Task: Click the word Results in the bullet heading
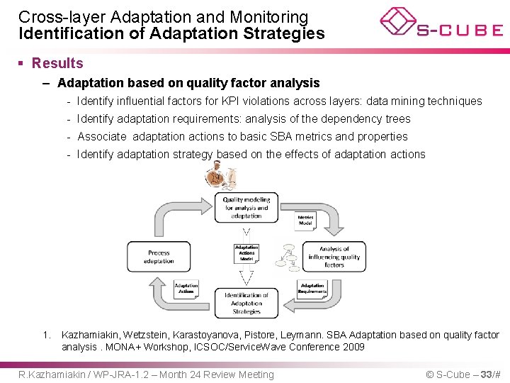[x=57, y=63]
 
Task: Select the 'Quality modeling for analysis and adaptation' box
[x=246, y=208]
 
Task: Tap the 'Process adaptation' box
[x=159, y=257]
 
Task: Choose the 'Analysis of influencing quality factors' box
[x=334, y=257]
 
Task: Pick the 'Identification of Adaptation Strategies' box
[x=246, y=303]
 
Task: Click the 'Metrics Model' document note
[x=305, y=221]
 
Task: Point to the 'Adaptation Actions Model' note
[x=246, y=253]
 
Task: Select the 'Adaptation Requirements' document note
[x=312, y=289]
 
